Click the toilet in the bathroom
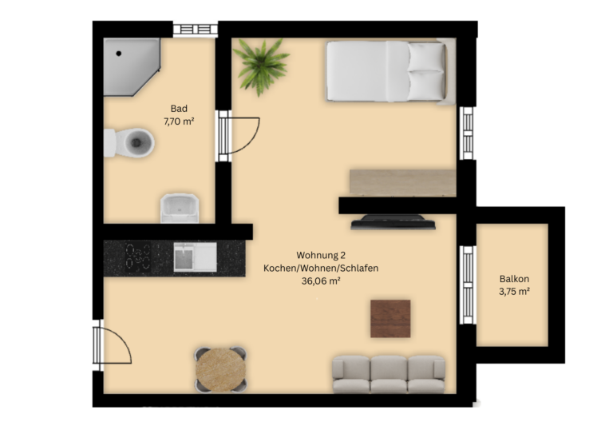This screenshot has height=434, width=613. pos(129,142)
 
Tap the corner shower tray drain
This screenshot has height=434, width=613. pos(118,54)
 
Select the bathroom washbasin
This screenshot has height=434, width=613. pos(180,208)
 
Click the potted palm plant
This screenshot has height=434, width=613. pos(260,66)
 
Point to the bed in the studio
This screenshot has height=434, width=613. pos(391,71)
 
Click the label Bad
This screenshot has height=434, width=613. pos(179,109)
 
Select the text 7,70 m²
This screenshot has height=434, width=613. pos(179,121)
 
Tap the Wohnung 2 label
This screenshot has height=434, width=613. pos(321,256)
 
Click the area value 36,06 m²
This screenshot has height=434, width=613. pos(321,281)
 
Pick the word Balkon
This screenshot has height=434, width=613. pos(514,279)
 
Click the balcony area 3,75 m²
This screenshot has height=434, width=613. pos(514,292)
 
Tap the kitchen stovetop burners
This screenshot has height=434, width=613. pos(138,257)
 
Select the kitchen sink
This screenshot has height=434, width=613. pos(195,257)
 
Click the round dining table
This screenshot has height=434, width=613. pos(221,370)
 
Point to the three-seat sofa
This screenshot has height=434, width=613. pos(389,374)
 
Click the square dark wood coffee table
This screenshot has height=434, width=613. pos(390,319)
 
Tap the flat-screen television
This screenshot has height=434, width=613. pos(393,222)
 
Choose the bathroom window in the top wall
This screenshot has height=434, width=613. pos(196,30)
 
